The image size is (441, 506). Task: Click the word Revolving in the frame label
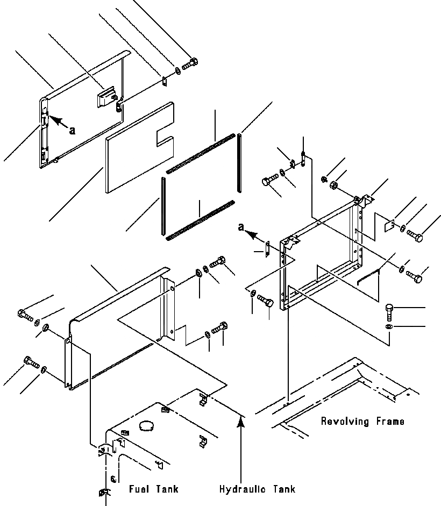click(342, 422)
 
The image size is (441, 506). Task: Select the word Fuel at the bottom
click(138, 489)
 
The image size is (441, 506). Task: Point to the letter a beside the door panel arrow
click(72, 129)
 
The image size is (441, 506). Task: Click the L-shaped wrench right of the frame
click(370, 277)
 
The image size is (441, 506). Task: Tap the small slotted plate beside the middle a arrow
click(267, 249)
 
